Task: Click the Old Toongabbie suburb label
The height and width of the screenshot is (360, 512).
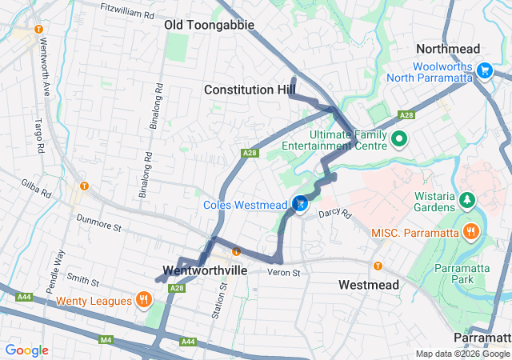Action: point(209,25)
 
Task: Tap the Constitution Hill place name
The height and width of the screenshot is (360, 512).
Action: point(250,90)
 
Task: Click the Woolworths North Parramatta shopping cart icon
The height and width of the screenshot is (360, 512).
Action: point(483,71)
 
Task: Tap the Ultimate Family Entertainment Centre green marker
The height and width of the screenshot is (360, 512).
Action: point(400,140)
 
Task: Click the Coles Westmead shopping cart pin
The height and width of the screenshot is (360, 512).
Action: point(299,205)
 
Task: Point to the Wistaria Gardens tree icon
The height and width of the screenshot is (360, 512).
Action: point(466,198)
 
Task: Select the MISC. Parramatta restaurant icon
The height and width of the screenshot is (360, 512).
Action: point(472,232)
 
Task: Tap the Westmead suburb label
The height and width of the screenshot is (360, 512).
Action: point(366,285)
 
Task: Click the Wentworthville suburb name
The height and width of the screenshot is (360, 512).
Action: point(204,270)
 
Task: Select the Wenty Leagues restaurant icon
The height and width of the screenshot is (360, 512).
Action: point(144,301)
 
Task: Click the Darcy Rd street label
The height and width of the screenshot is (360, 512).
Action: point(334,214)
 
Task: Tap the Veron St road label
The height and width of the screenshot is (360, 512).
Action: point(283,273)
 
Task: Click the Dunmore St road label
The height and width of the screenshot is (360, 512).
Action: point(98,222)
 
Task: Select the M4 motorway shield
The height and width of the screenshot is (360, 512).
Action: point(106,340)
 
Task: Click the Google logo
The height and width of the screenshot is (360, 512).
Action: point(26,350)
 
